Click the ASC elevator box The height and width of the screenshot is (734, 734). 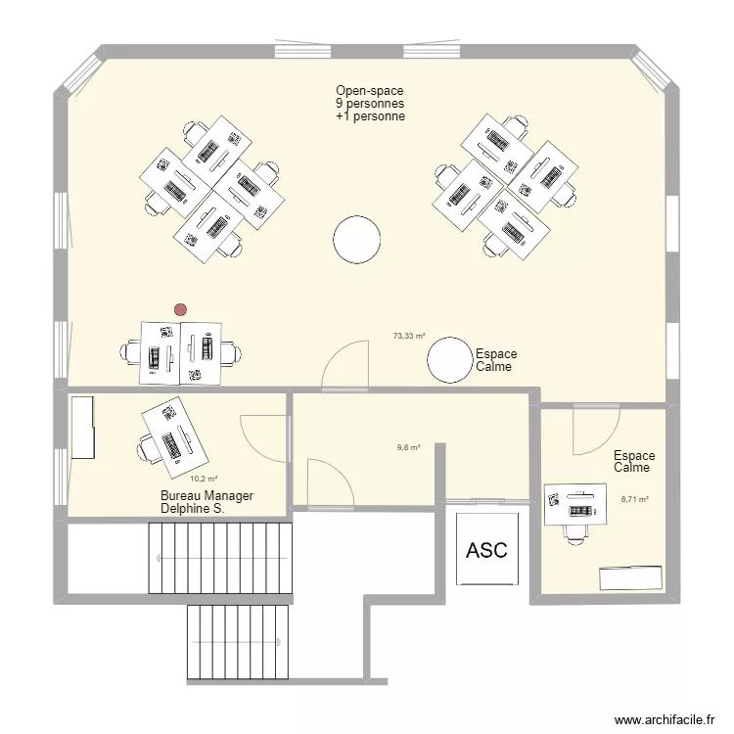(x=486, y=549)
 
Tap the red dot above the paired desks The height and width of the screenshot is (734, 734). (x=179, y=309)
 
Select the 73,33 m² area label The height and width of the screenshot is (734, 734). (x=409, y=336)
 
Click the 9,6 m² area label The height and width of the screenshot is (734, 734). (x=408, y=447)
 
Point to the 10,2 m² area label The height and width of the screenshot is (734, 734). (x=204, y=479)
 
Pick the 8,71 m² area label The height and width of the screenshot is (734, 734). (x=635, y=498)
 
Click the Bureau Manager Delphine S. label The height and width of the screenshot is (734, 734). (x=206, y=503)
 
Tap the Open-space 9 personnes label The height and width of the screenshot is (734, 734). (x=370, y=103)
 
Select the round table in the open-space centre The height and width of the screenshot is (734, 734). (x=356, y=238)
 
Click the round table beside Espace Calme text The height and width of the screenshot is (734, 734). (x=450, y=359)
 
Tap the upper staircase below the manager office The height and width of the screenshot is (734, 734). (x=220, y=558)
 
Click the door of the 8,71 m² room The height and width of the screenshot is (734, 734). (x=595, y=430)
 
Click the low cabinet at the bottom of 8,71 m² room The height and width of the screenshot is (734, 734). (x=630, y=577)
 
